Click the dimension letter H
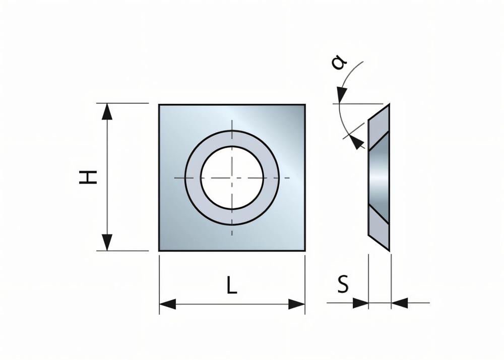pyautogui.click(x=89, y=177)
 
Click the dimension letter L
pyautogui.click(x=231, y=286)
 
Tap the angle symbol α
pyautogui.click(x=339, y=63)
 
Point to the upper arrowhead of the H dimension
pyautogui.click(x=107, y=111)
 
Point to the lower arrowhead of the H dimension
pyautogui.click(x=107, y=243)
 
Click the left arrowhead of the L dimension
pyautogui.click(x=167, y=304)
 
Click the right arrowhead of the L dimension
pyautogui.click(x=297, y=304)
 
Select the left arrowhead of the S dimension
pyautogui.click(x=360, y=303)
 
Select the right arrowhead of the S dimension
pyautogui.click(x=399, y=303)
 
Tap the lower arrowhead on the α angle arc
pyautogui.click(x=357, y=143)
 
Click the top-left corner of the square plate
pyautogui.click(x=159, y=105)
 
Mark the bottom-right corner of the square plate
pyautogui.click(x=304, y=250)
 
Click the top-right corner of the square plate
pyautogui.click(x=304, y=105)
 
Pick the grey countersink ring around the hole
pyautogui.click(x=193, y=177)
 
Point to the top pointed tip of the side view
pyautogui.click(x=389, y=105)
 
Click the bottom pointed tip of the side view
pyautogui.click(x=389, y=250)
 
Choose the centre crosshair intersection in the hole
pyautogui.click(x=232, y=177)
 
